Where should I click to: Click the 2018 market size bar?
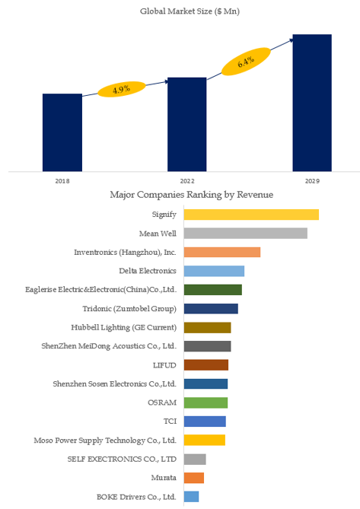(x=62, y=132)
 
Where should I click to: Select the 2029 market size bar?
(x=312, y=103)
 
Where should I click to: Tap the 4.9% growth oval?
(x=122, y=89)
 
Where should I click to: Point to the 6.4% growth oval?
(x=246, y=62)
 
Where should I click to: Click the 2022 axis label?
(x=187, y=181)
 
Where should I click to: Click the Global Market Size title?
(x=190, y=11)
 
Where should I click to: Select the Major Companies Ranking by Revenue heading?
(x=192, y=195)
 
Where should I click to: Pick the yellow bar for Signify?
(x=251, y=215)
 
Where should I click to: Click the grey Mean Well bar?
(x=246, y=233)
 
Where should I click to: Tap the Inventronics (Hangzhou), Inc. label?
(x=125, y=253)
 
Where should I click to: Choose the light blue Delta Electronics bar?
(x=214, y=271)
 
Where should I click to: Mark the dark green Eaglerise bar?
(x=213, y=290)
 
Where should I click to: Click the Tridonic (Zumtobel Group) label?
(x=129, y=309)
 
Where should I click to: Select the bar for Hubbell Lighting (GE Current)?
(x=208, y=327)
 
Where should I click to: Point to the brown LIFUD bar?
(x=206, y=365)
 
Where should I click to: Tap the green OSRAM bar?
(x=205, y=402)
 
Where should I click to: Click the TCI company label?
(x=170, y=421)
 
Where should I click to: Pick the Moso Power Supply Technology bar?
(x=205, y=441)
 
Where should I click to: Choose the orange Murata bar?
(x=194, y=478)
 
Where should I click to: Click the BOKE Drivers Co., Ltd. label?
(x=136, y=497)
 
